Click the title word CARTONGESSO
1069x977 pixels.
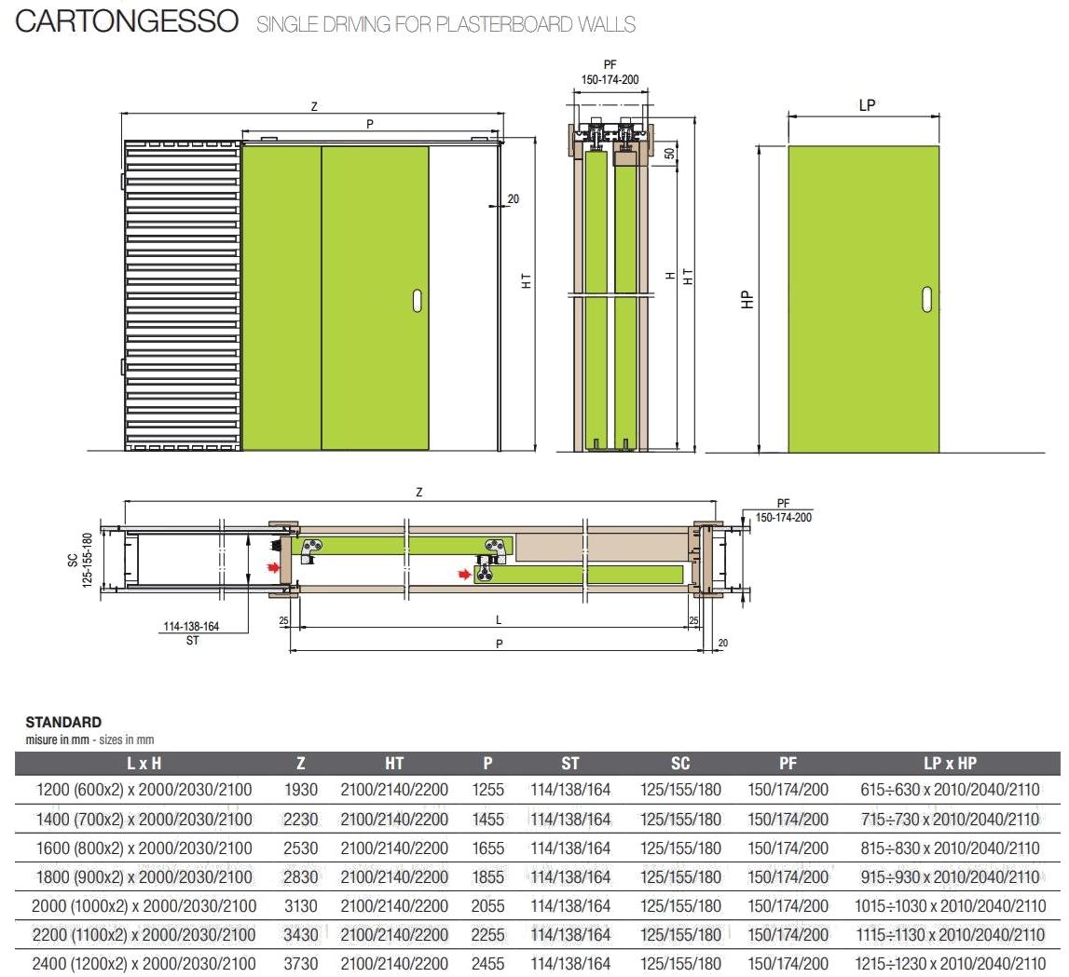click(x=128, y=22)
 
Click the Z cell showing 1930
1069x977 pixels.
click(x=301, y=790)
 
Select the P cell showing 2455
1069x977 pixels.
click(x=487, y=963)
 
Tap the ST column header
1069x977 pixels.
click(x=570, y=764)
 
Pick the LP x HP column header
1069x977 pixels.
click(x=950, y=764)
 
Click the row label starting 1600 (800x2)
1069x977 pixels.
click(x=144, y=848)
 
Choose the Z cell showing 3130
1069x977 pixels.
click(x=301, y=905)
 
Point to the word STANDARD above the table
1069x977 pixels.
click(x=63, y=722)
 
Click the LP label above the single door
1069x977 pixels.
click(x=867, y=105)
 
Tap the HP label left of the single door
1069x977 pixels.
click(x=747, y=299)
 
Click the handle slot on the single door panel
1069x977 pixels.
click(x=927, y=298)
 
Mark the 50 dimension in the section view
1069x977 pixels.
click(x=670, y=154)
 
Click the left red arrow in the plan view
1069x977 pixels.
click(x=272, y=565)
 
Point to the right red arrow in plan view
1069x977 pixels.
click(x=464, y=576)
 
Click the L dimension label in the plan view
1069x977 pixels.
click(x=499, y=619)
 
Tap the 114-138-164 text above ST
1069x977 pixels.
click(x=191, y=627)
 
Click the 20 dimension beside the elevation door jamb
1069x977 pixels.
click(x=514, y=198)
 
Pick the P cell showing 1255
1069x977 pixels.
click(x=487, y=790)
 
